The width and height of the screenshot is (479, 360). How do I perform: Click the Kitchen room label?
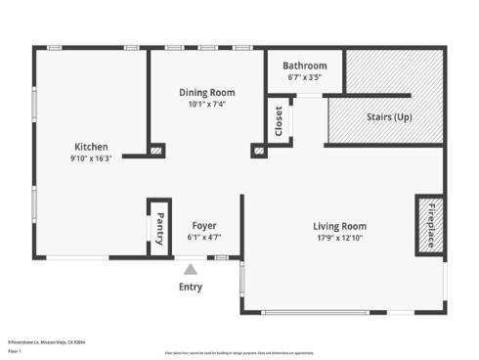90,146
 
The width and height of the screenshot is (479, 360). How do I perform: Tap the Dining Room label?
206,93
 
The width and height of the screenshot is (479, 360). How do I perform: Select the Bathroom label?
305,66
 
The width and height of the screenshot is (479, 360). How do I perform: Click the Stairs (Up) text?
388,117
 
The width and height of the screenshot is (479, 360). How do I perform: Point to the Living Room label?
339,226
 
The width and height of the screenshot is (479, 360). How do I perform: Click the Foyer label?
203,226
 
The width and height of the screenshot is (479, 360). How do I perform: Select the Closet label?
279,121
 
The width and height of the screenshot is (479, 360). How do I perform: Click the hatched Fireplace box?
430,225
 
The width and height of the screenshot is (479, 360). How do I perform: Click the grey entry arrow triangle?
191,268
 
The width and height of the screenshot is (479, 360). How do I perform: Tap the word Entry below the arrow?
191,287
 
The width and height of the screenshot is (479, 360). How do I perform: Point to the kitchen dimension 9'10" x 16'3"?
90,157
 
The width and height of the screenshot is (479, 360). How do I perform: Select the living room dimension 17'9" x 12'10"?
339,238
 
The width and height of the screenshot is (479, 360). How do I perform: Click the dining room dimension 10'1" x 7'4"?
206,105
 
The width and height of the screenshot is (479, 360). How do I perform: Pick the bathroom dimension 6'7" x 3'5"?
305,76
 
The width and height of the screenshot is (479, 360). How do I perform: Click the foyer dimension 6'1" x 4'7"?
203,237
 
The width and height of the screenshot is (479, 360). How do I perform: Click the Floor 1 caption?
15,350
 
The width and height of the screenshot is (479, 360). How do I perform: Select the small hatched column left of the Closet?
259,151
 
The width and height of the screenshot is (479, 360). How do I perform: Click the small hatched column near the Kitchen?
156,151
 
